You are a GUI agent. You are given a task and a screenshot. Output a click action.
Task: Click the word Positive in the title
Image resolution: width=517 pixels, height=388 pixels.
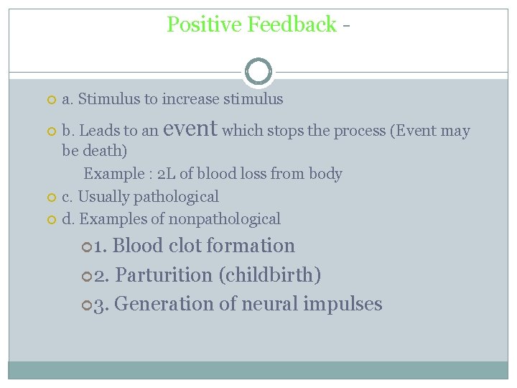pos(204,24)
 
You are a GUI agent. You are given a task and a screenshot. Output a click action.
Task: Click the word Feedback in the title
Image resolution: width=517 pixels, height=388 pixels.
pos(292,24)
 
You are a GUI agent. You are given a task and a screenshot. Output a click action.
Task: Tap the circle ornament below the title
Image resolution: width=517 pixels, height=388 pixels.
pos(258,72)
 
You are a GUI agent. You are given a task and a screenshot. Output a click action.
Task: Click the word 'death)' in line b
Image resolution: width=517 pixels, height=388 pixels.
pos(104,152)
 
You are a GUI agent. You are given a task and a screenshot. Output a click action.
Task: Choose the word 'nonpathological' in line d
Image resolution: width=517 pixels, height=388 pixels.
pos(225,218)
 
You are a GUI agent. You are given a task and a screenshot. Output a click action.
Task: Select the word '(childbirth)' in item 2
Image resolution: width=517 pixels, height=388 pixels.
pos(270,274)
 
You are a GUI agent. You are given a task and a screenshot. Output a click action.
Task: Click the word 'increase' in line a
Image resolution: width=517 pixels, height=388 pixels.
pos(191,99)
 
